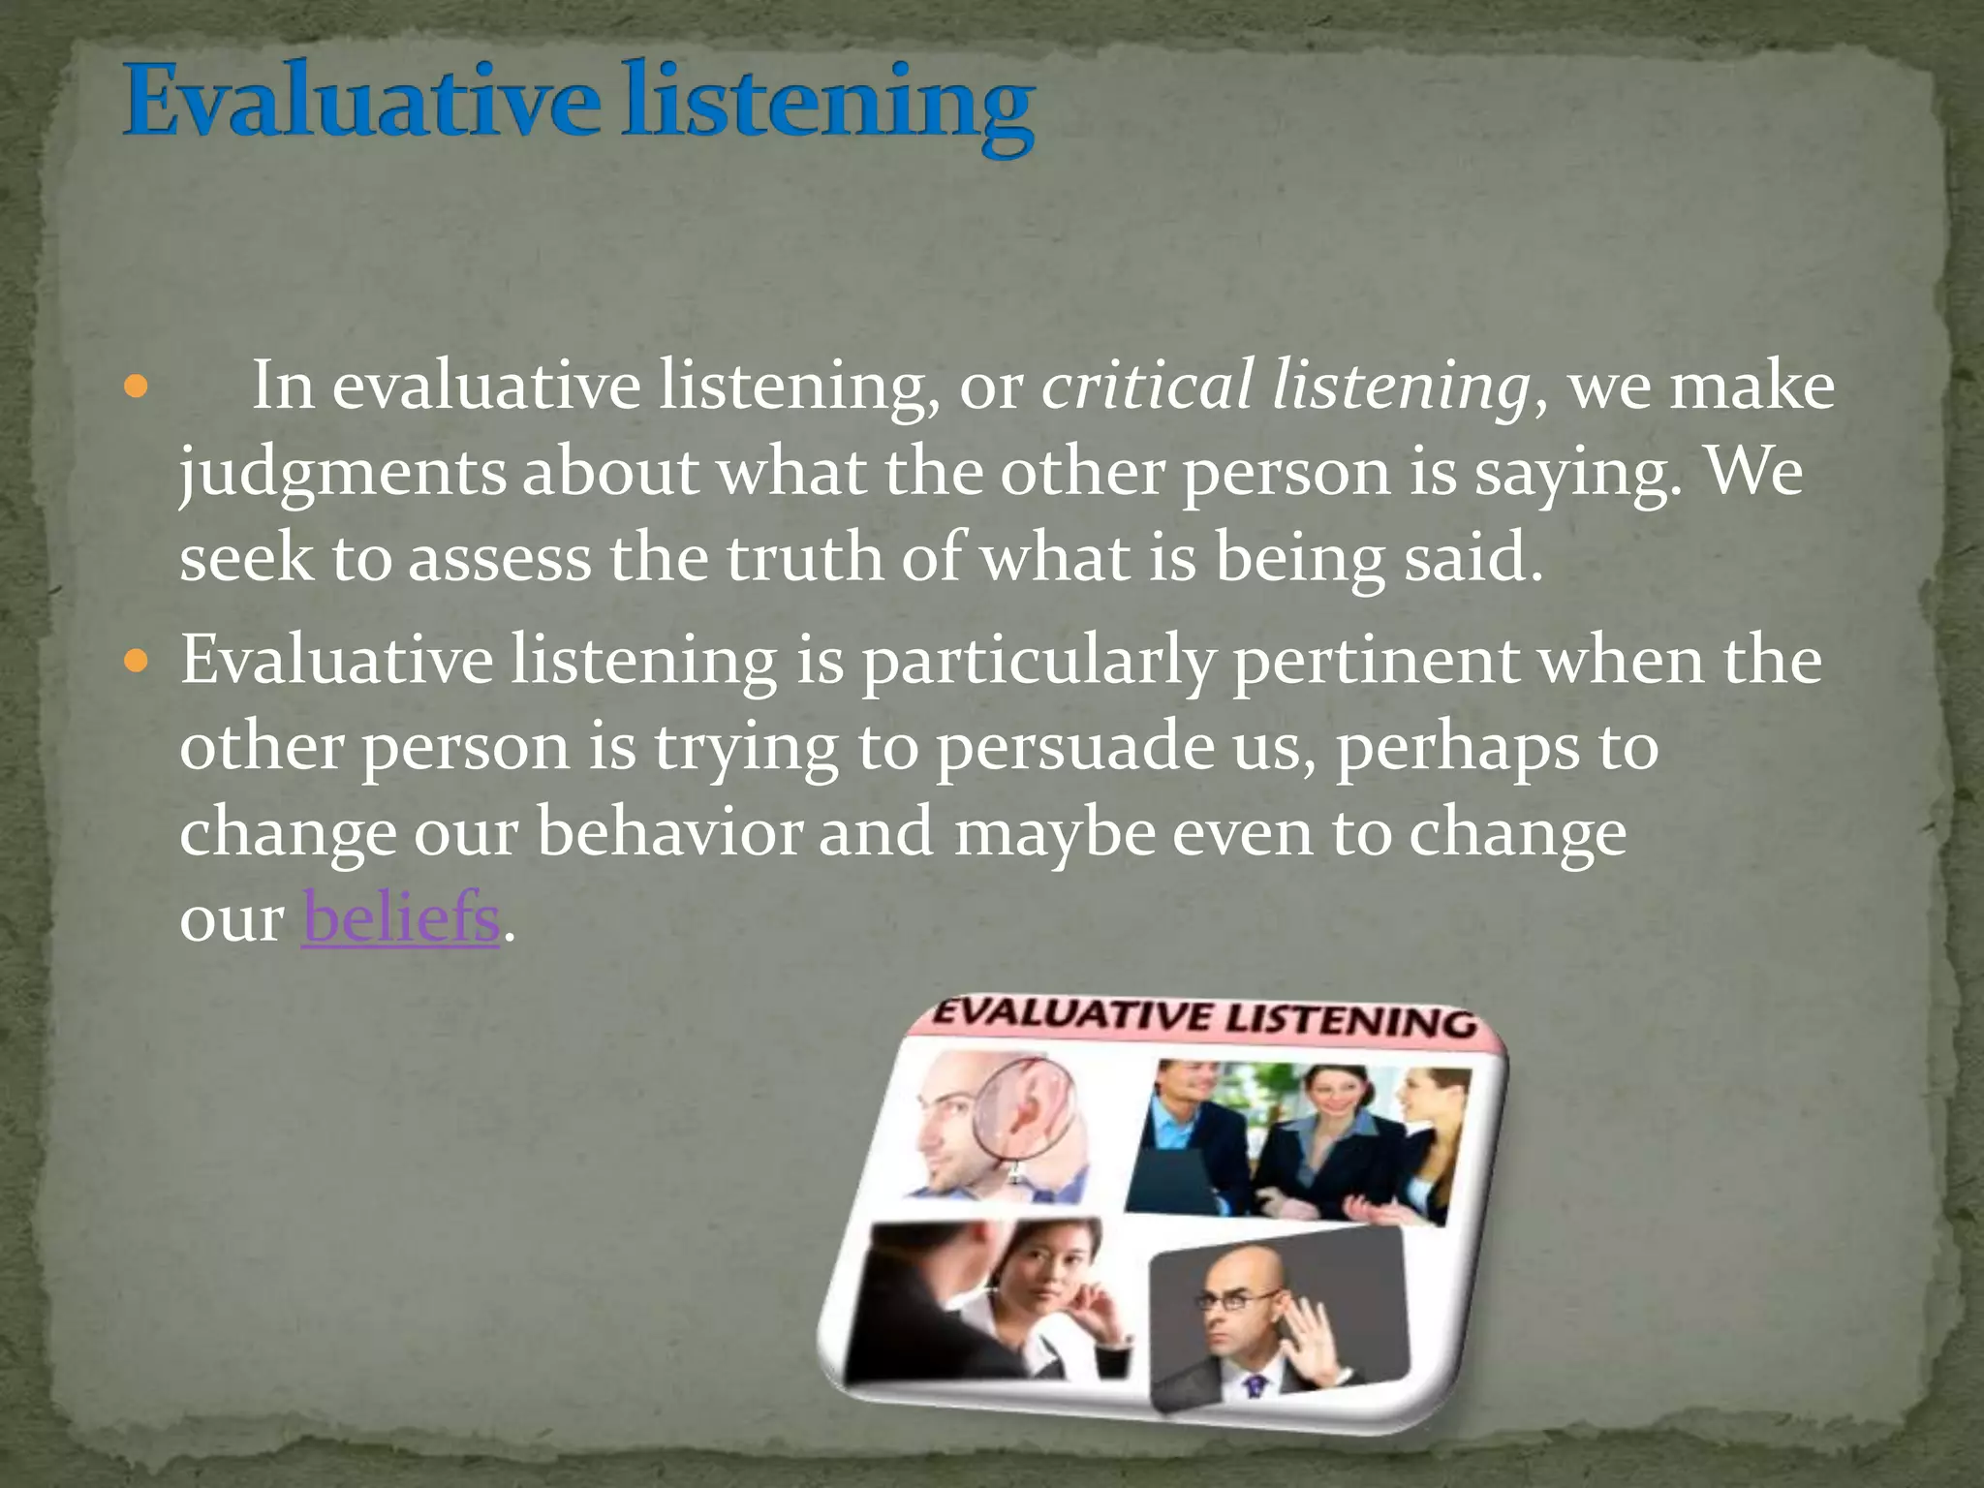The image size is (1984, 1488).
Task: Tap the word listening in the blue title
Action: coord(828,107)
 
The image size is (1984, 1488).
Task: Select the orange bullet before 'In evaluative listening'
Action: coord(137,388)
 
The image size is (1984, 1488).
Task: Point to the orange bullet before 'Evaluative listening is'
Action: coord(137,663)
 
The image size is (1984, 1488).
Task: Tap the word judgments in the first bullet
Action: coord(342,475)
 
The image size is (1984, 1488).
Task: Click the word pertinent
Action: coord(1376,662)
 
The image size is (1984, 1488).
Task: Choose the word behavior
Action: coord(669,832)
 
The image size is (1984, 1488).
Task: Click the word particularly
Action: coord(1038,664)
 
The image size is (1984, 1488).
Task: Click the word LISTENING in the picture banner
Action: coord(1352,1021)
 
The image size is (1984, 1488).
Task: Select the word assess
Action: coord(499,559)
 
